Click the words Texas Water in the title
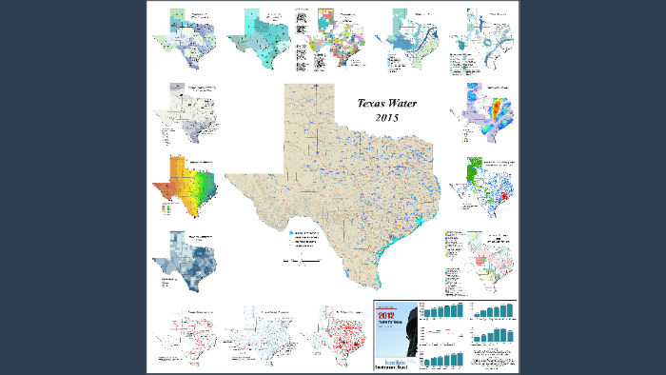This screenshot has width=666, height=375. coord(386,103)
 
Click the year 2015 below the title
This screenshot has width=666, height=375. coord(386,117)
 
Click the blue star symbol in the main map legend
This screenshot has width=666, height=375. coord(291,232)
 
